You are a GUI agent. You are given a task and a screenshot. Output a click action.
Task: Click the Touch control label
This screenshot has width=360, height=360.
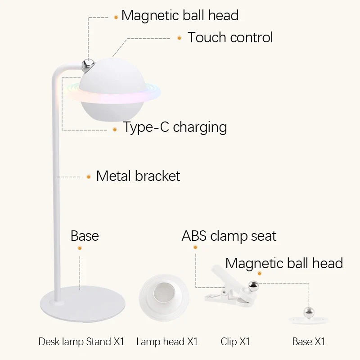pyautogui.click(x=230, y=37)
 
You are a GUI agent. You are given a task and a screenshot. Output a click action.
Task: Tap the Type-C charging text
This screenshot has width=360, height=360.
pyautogui.click(x=175, y=127)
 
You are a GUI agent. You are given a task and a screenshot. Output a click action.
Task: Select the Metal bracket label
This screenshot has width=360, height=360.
pyautogui.click(x=138, y=176)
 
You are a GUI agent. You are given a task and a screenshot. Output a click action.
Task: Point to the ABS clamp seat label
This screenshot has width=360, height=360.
pyautogui.click(x=229, y=235)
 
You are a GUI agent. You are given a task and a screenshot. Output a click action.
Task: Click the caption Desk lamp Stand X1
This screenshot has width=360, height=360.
pyautogui.click(x=81, y=342)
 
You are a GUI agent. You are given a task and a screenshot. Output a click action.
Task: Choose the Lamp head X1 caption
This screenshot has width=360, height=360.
pyautogui.click(x=167, y=342)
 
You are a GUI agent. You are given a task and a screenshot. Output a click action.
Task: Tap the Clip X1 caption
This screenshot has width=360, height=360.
pyautogui.click(x=235, y=342)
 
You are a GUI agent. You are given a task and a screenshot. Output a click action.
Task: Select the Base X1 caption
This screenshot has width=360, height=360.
pyautogui.click(x=309, y=342)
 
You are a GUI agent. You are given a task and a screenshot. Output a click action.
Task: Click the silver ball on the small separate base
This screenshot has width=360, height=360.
pyautogui.click(x=308, y=312)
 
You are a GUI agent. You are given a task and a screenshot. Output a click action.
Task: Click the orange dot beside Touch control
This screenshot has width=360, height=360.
pyautogui.click(x=179, y=38)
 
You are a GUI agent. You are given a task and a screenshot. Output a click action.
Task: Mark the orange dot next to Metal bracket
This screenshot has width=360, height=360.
pyautogui.click(x=88, y=177)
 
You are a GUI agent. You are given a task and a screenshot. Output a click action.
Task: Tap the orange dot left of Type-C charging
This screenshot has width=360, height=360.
pyautogui.click(x=115, y=129)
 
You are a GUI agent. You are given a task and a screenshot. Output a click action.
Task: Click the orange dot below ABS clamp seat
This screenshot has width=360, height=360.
pyautogui.click(x=195, y=247)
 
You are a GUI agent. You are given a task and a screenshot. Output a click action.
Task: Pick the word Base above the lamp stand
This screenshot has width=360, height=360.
pyautogui.click(x=85, y=235)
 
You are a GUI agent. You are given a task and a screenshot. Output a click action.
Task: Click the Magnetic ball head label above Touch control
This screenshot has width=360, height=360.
pyautogui.click(x=180, y=15)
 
